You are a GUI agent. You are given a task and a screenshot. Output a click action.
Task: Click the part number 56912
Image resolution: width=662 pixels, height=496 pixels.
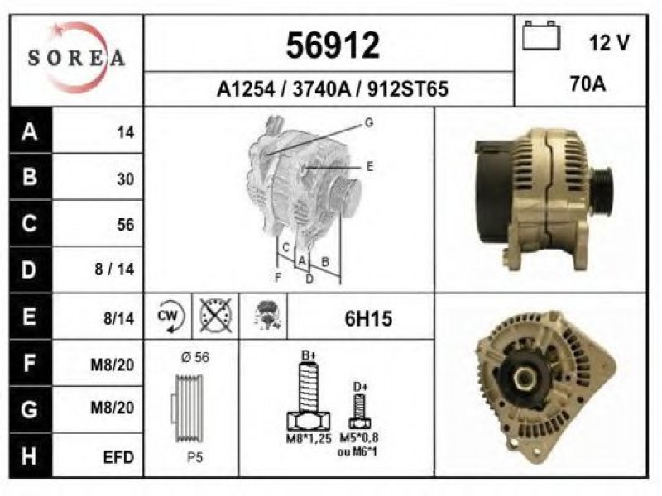333,45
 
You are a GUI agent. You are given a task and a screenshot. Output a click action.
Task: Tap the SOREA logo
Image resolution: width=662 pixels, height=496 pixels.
76,58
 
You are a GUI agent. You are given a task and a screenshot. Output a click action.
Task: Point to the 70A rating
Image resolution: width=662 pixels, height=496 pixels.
588,83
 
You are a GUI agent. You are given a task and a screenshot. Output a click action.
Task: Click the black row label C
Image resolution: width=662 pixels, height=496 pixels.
31,223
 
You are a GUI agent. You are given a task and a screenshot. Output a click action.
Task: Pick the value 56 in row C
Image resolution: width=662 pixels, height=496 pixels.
126,224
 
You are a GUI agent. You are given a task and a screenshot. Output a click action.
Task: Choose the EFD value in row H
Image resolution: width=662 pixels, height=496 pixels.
118,457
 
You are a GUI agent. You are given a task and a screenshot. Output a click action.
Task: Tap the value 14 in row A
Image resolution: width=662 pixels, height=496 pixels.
126,132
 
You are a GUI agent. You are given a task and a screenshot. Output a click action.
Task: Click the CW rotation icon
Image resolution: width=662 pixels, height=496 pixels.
170,317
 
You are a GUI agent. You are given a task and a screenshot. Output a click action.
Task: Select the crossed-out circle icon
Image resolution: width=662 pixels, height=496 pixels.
216,316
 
